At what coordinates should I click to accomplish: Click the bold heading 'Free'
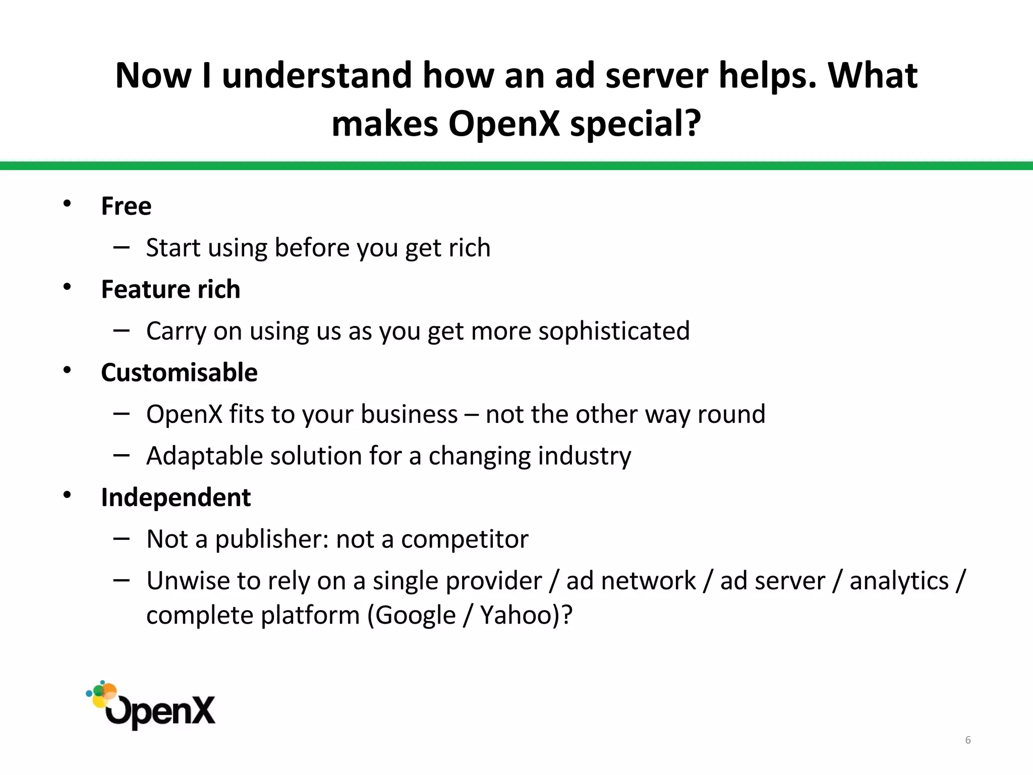click(126, 206)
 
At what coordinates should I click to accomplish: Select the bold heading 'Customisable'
click(179, 373)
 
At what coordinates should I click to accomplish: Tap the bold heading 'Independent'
click(176, 497)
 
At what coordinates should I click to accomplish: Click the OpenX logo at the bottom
click(151, 705)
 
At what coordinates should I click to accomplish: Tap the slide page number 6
click(968, 740)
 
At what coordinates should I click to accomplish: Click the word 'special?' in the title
click(636, 124)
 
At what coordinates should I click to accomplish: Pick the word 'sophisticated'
click(614, 331)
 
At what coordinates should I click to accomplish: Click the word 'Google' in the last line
click(415, 615)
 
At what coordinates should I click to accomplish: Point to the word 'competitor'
click(465, 539)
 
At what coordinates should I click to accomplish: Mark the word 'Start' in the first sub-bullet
click(170, 248)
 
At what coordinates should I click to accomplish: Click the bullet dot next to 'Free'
click(67, 204)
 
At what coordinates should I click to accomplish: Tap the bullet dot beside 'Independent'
click(67, 495)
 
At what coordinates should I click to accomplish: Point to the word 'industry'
click(584, 456)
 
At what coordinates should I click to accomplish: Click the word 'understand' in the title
click(317, 76)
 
